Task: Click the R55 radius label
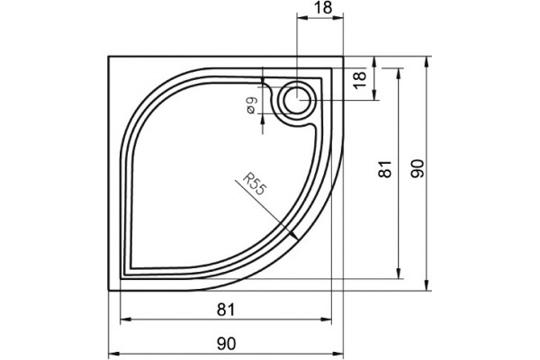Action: tap(255, 184)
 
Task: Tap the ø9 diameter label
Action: tap(252, 105)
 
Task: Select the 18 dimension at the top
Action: tap(323, 8)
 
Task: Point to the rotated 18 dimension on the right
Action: tap(360, 80)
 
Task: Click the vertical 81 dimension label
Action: tap(384, 169)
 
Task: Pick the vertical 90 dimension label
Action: tap(418, 168)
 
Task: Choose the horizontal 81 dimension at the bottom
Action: tap(226, 310)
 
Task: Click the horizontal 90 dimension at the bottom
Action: tap(226, 344)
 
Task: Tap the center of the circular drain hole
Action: tap(297, 100)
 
